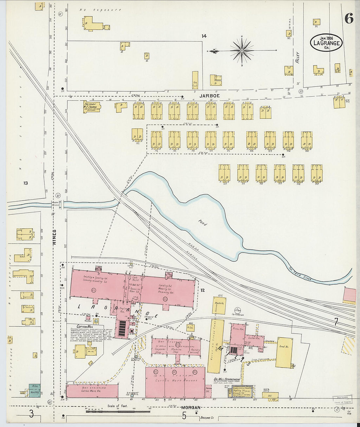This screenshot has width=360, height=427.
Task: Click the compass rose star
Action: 242,50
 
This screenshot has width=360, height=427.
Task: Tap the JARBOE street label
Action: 210,96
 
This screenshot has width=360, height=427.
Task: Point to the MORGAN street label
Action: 191,407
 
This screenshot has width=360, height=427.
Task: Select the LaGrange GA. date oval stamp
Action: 326,43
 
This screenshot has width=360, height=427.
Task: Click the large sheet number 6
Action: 349,19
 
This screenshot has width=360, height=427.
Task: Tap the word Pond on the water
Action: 202,222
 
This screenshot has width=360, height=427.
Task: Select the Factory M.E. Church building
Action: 92,106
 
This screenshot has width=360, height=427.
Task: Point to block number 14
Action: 204,36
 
